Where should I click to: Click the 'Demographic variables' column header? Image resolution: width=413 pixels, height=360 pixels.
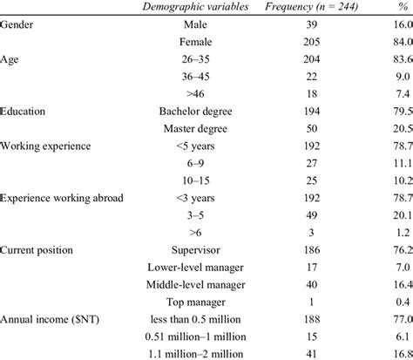[198, 8]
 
